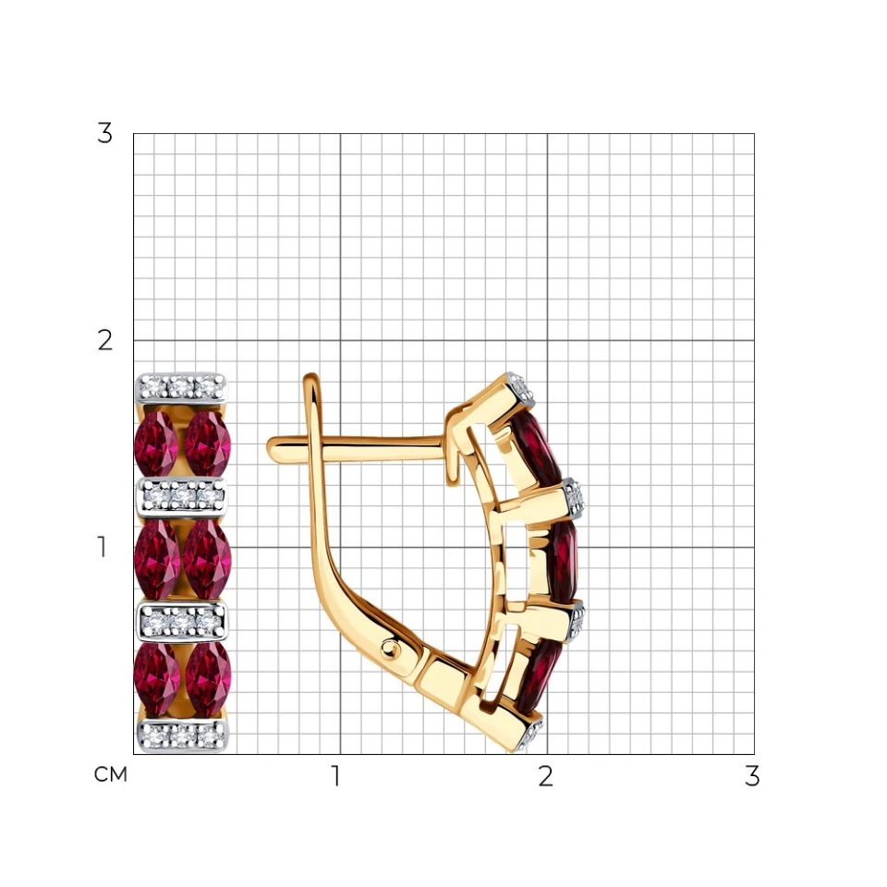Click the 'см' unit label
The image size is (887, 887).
coord(110,774)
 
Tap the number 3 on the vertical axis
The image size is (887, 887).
coord(104,133)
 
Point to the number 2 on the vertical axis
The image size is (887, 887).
coord(104,341)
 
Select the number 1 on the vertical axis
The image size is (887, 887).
coord(102,547)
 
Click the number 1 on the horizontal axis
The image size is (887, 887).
coord(336,776)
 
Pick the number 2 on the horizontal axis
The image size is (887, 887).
coord(545,776)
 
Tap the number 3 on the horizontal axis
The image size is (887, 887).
coord(752,776)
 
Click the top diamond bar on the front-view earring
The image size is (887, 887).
coord(181,387)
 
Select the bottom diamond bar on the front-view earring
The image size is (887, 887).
coord(183,735)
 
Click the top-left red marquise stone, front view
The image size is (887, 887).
coord(156,443)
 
